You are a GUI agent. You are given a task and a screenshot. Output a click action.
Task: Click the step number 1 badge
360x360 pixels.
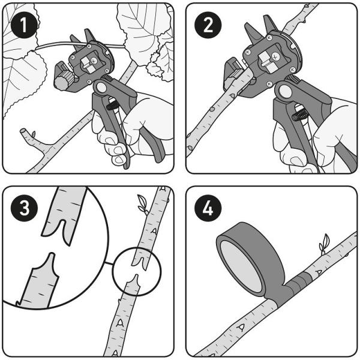pos(24,25)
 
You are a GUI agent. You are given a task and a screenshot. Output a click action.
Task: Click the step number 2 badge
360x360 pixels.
pos(208,25)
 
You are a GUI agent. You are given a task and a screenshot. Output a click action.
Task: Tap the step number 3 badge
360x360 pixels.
pos(24,208)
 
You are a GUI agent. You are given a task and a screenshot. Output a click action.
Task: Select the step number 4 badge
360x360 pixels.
pos(208,208)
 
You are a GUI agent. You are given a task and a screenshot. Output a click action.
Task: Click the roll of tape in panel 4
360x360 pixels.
pos(251,261)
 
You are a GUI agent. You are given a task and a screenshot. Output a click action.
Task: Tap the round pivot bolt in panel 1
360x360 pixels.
pos(101,88)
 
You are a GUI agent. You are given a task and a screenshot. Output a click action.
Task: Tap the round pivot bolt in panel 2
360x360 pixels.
pos(284,92)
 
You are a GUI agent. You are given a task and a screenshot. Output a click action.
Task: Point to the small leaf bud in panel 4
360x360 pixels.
pos(324,244)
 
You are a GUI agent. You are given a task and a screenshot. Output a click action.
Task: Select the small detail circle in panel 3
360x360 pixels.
pos(137,271)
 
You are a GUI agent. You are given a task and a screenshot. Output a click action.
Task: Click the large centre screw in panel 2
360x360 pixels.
pos(275,56)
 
